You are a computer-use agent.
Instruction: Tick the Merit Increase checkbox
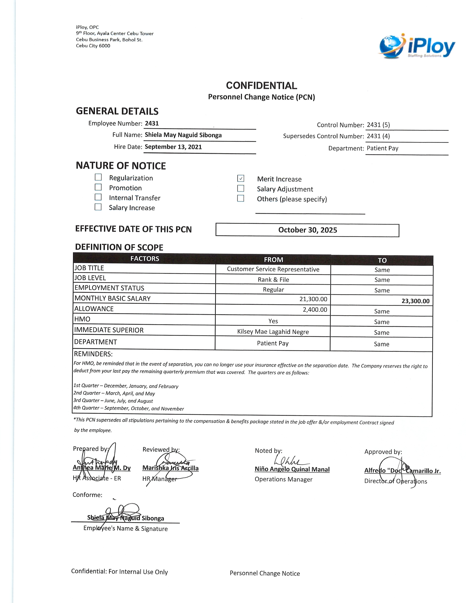tap(240, 178)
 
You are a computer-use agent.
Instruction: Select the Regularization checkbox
tap(98, 177)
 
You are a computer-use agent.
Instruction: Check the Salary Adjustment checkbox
tap(240, 188)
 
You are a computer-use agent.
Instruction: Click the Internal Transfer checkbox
tap(98, 197)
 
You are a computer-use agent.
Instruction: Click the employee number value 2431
tap(152, 123)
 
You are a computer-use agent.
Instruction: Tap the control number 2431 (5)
tap(378, 125)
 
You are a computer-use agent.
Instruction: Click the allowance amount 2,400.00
tap(315, 310)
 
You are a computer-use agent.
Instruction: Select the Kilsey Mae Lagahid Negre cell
tap(273, 332)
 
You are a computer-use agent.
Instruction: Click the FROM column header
tap(273, 259)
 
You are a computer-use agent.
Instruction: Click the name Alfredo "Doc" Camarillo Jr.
tap(402, 471)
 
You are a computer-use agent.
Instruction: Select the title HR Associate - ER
tap(97, 478)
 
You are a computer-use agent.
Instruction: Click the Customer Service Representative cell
tap(273, 269)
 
